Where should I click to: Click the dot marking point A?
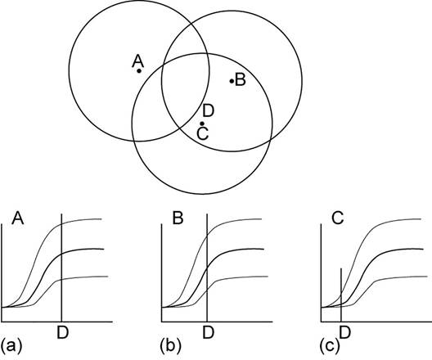tap(139, 71)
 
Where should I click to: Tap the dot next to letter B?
tap(232, 81)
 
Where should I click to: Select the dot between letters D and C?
tap(202, 124)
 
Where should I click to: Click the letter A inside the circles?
tap(137, 61)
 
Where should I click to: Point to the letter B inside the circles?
tap(240, 80)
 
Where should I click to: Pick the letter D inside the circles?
tap(208, 111)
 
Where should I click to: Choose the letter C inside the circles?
tap(203, 133)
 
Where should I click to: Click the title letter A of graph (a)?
tap(18, 218)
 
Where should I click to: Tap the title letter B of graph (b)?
tap(178, 218)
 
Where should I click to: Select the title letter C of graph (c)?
tap(338, 218)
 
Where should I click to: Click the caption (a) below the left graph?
tap(11, 345)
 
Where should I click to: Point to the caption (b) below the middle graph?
tap(171, 345)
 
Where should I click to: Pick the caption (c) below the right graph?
tap(330, 345)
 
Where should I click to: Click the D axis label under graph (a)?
tap(62, 332)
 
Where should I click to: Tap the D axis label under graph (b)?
tap(209, 332)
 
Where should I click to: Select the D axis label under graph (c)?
tap(345, 332)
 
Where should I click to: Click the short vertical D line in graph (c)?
tap(341, 295)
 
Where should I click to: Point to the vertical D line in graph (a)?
tap(61, 268)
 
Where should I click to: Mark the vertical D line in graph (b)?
tap(207, 268)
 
